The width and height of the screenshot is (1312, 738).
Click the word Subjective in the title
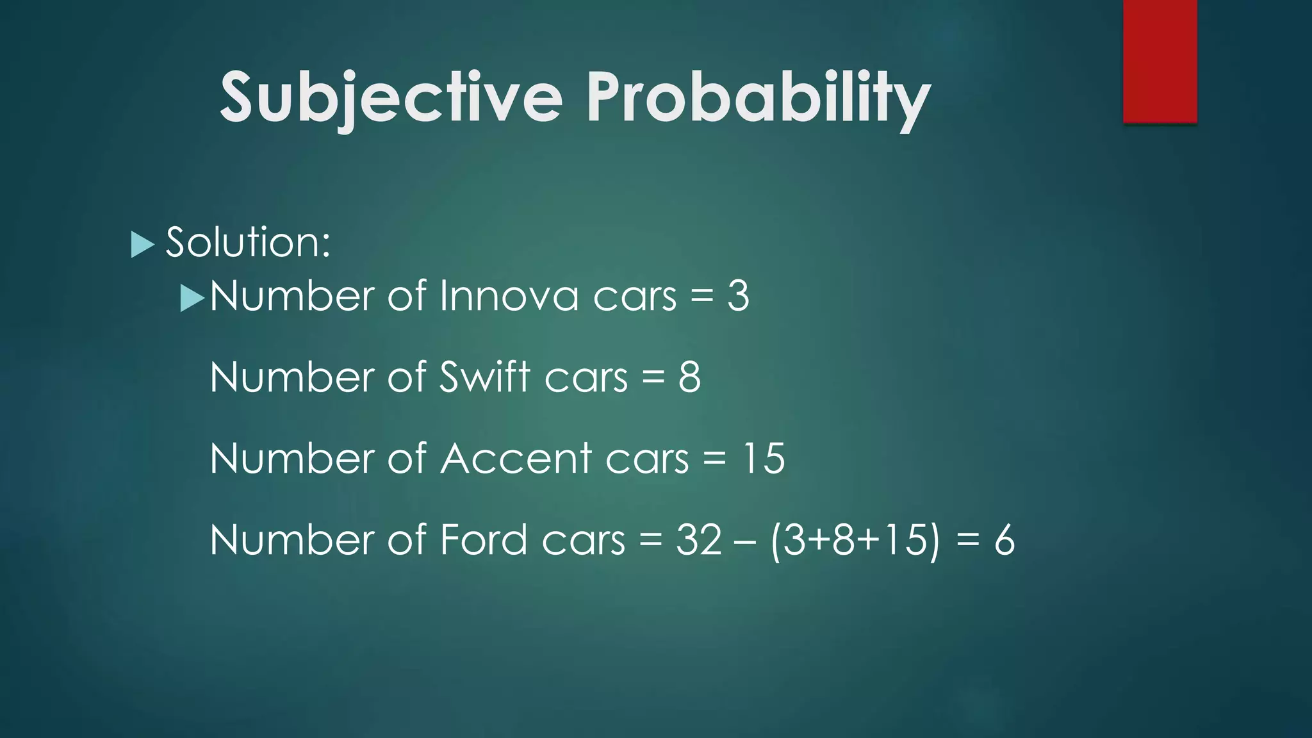[x=391, y=97]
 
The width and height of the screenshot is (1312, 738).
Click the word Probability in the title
[x=758, y=97]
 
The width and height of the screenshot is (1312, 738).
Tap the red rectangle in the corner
[x=1160, y=61]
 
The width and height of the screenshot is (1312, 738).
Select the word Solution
[x=247, y=242]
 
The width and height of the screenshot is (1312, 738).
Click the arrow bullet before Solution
[x=142, y=244]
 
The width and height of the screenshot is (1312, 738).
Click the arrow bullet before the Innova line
[x=192, y=298]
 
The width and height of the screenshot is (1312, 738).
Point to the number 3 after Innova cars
[x=738, y=296]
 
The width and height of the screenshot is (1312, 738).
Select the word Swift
[x=485, y=377]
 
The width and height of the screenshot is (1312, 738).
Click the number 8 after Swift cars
[x=689, y=377]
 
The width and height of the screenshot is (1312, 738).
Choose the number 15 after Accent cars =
[x=763, y=458]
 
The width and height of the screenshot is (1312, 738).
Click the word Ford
[x=483, y=539]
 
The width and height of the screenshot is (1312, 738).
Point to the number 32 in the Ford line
[x=699, y=539]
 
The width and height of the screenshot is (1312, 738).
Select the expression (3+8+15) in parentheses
[x=855, y=539]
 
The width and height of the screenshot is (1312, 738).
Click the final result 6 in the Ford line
[x=1004, y=539]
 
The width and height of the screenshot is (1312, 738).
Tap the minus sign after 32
[x=746, y=541]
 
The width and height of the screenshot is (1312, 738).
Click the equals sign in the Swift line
[x=653, y=378]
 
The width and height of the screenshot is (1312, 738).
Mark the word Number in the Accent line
[x=292, y=458]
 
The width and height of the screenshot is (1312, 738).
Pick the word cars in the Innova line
[x=634, y=297]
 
